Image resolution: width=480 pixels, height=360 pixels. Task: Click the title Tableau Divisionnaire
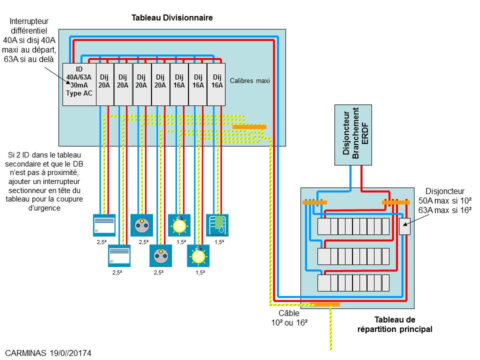point(172,17)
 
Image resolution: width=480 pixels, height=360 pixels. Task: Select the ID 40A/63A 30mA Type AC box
point(79,84)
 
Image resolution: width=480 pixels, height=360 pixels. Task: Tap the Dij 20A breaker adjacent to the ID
point(104,84)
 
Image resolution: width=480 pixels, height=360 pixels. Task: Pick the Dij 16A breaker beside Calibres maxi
point(216,84)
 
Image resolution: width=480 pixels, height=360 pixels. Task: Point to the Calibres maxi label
point(249,80)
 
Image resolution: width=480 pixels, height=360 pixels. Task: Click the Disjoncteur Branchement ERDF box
point(353,135)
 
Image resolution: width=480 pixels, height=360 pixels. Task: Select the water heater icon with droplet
point(217,224)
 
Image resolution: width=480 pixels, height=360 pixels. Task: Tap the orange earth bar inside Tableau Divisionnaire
point(249,127)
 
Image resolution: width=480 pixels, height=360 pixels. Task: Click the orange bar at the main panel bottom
point(325,304)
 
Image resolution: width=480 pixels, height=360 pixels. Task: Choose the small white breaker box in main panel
point(404,226)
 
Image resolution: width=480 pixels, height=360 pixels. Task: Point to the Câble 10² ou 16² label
point(286,317)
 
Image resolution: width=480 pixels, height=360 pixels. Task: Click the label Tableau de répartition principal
point(394,324)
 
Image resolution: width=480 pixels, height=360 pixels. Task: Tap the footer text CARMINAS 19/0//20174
point(48,353)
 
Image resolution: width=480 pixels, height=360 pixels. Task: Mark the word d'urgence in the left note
point(44,209)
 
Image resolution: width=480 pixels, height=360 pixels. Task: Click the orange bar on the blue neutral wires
point(314,202)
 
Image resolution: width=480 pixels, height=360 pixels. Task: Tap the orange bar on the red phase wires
point(396,202)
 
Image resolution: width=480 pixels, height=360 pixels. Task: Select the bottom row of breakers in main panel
point(353,283)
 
